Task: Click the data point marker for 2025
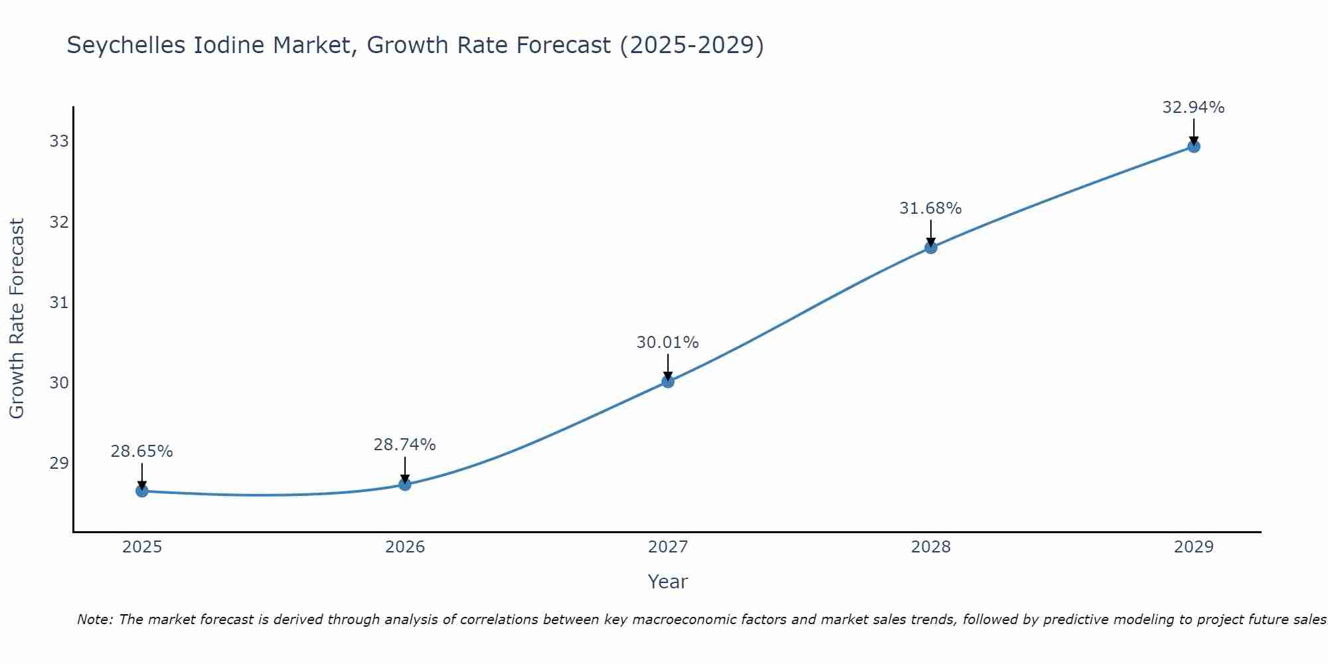click(142, 491)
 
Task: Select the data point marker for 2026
click(405, 484)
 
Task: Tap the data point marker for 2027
click(668, 381)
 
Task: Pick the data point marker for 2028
click(931, 248)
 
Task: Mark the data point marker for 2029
click(1194, 146)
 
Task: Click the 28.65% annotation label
click(141, 452)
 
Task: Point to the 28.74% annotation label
click(404, 445)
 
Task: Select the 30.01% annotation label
click(667, 343)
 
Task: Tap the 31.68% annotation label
click(930, 208)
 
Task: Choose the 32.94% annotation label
click(1193, 108)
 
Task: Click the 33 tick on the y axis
click(59, 141)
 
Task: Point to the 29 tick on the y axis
click(59, 463)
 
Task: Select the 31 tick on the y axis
click(59, 302)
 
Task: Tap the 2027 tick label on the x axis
click(668, 547)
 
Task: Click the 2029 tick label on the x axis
click(1194, 547)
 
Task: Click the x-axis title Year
click(667, 582)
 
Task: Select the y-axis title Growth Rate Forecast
click(17, 319)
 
